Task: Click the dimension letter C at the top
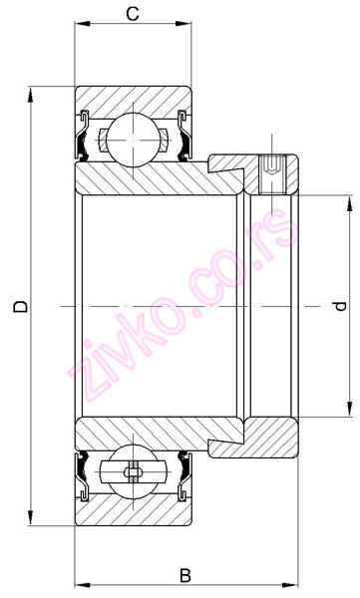pos(133,13)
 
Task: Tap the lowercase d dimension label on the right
pos(341,306)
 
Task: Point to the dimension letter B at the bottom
pos(184,576)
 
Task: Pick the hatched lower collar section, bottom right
pos(269,438)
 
